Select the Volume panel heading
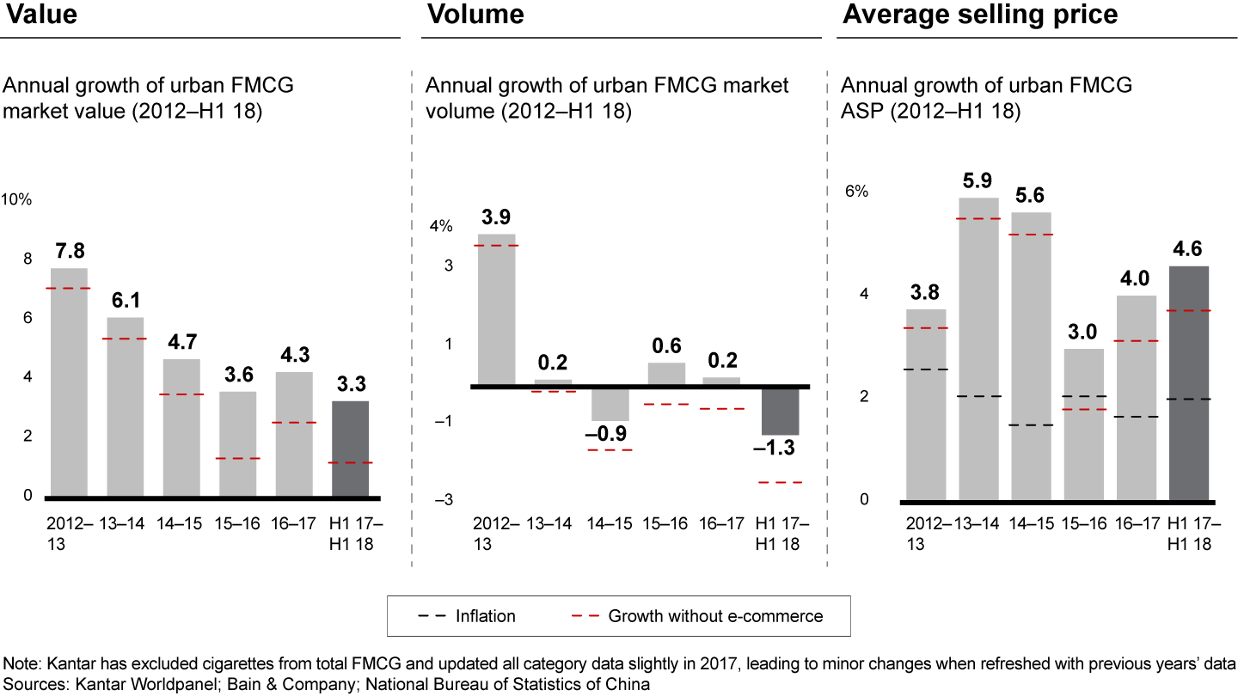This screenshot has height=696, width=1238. pos(475,15)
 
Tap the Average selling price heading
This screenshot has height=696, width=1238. pos(980,15)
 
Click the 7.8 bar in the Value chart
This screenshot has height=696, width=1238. pos(69,382)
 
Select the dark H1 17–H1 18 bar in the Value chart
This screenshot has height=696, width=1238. pos(350,449)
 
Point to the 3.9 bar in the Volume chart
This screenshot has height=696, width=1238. pos(497,309)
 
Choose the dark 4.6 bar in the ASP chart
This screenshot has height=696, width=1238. pos(1189,382)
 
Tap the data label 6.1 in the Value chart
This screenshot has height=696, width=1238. pos(125,302)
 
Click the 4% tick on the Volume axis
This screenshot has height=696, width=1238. pos(441,227)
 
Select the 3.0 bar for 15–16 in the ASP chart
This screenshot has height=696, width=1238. pos(1084,424)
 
